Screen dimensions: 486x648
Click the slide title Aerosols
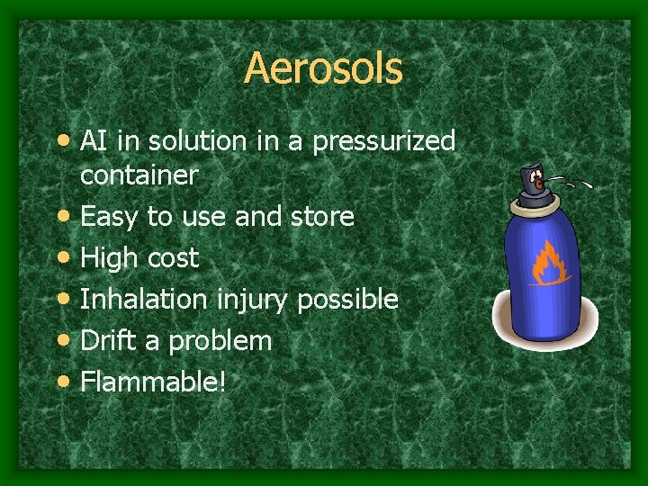(323, 68)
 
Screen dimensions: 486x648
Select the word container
(139, 175)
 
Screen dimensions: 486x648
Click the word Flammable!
(153, 382)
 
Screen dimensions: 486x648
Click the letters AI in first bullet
(93, 142)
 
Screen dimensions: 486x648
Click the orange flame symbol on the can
(546, 262)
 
